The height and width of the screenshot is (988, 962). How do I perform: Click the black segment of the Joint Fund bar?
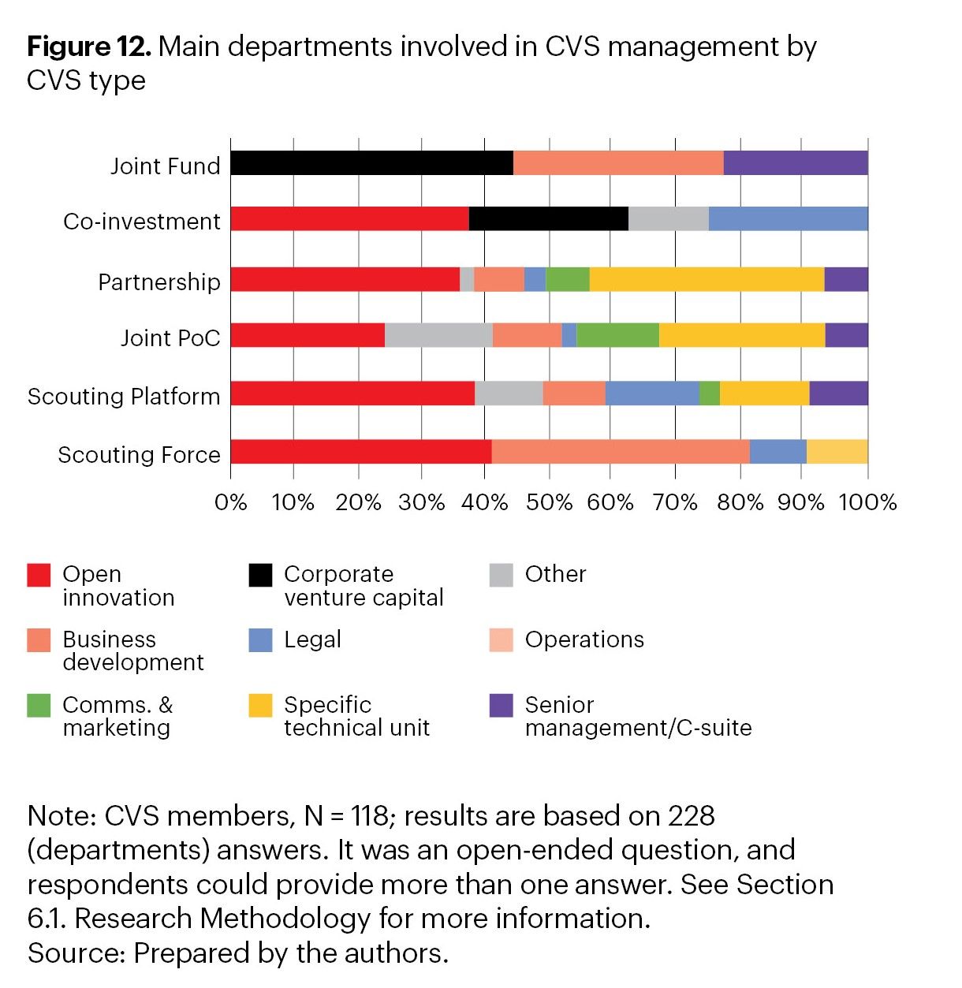click(371, 163)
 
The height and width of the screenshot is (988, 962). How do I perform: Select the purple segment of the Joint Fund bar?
click(795, 163)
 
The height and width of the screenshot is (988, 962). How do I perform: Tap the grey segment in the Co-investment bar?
click(668, 218)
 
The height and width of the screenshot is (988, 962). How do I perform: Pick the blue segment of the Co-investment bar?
click(788, 218)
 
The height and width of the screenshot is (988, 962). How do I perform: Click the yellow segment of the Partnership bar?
click(707, 279)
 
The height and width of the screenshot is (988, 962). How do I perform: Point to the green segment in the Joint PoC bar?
click(617, 335)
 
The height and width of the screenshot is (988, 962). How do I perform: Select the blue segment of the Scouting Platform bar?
click(652, 393)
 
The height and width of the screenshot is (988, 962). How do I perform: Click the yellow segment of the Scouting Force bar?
click(837, 452)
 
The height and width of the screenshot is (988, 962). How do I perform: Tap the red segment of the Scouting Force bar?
click(361, 452)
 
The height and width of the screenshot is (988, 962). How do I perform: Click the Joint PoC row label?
click(170, 338)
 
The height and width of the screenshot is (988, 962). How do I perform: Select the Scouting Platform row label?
click(124, 396)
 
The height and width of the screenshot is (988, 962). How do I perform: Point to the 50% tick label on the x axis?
click(549, 502)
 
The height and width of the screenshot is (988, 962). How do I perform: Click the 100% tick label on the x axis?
click(867, 502)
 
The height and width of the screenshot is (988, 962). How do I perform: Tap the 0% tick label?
click(230, 502)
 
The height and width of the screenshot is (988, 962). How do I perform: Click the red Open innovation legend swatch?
click(39, 575)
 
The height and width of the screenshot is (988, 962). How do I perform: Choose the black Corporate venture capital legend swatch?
click(260, 575)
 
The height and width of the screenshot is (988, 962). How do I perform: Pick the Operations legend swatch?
click(501, 639)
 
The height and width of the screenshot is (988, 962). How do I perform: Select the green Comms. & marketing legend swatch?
click(39, 705)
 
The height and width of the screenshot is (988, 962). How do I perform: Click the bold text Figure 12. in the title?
click(88, 47)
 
